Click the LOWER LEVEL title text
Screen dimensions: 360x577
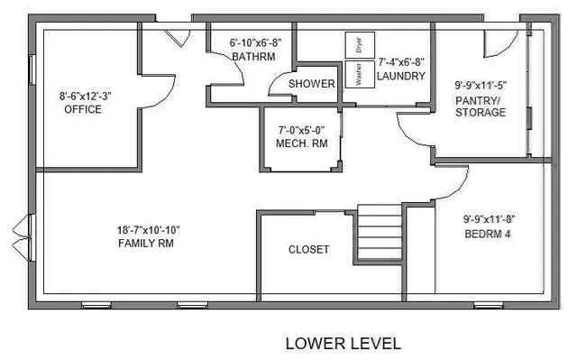click(343, 344)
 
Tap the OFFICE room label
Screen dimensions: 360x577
click(83, 109)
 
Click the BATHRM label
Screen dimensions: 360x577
click(248, 57)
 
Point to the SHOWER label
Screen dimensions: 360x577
click(312, 84)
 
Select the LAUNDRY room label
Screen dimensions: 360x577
click(400, 77)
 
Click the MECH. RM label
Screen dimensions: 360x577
click(302, 143)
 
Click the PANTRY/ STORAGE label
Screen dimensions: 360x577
click(480, 106)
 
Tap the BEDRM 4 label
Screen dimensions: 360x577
click(489, 233)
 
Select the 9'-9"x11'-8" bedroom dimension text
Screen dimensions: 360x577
click(489, 218)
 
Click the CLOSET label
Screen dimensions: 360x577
click(308, 250)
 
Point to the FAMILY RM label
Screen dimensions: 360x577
click(146, 244)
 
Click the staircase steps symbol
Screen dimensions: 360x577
click(380, 234)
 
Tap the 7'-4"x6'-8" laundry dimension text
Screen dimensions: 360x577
click(400, 62)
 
